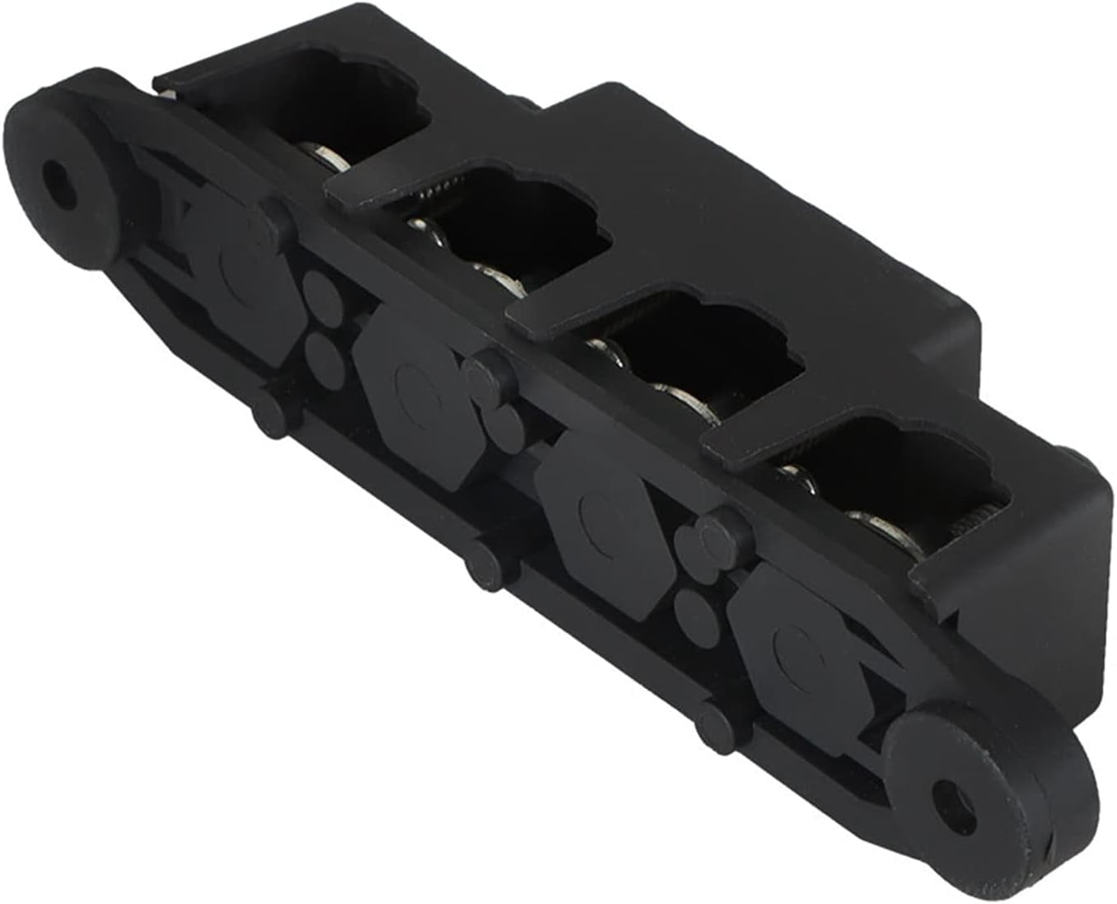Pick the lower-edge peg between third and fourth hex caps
tap(713, 725)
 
